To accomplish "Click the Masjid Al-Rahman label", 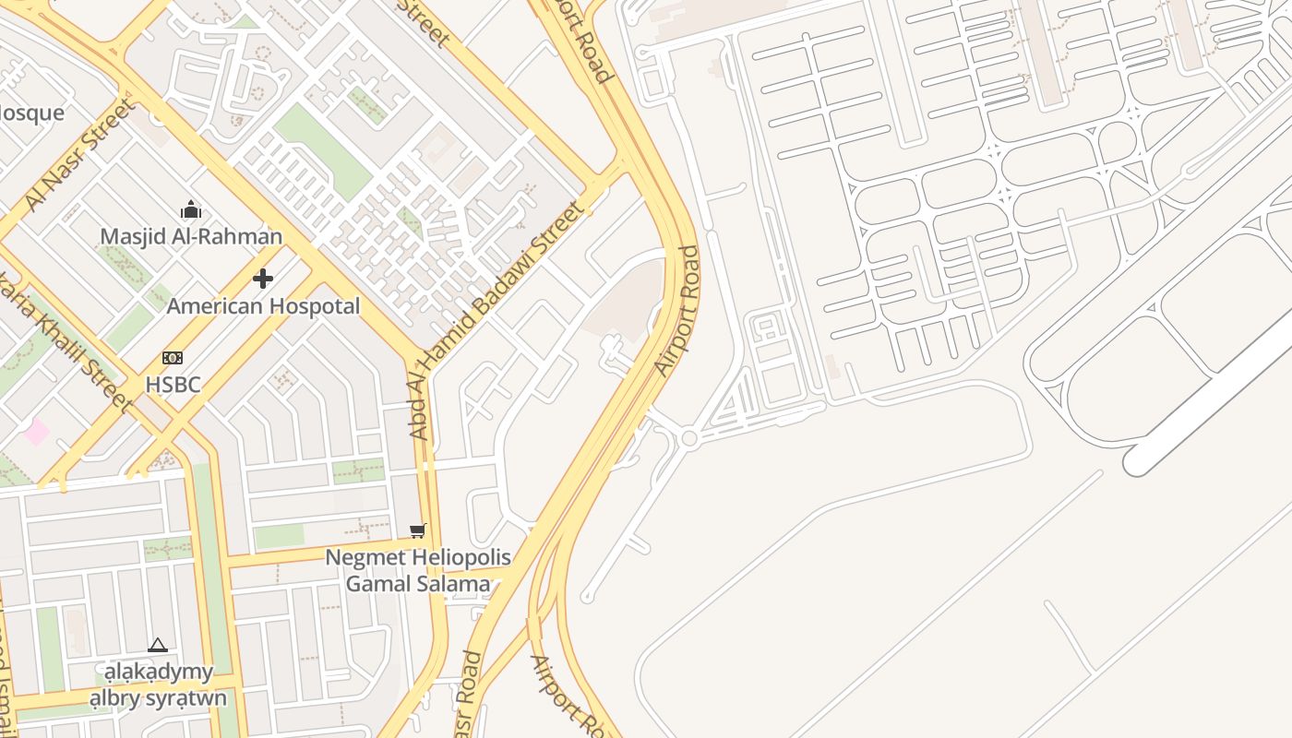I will click(x=191, y=236).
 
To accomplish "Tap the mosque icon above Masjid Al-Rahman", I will click(x=191, y=209).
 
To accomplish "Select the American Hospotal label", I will click(x=263, y=306).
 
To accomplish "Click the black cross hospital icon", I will click(x=263, y=278).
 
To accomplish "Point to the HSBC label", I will click(x=173, y=385).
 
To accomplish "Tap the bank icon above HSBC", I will click(x=173, y=358).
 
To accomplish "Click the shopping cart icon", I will click(x=418, y=530).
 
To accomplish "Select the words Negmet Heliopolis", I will click(x=418, y=558).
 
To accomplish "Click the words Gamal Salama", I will click(x=418, y=584).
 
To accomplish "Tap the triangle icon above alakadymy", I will click(x=158, y=645).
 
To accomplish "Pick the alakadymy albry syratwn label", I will click(x=158, y=684).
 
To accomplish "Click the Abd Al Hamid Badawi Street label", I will click(x=498, y=318).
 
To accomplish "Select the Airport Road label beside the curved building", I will click(x=678, y=311).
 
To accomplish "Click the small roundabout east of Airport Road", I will click(x=688, y=438).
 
